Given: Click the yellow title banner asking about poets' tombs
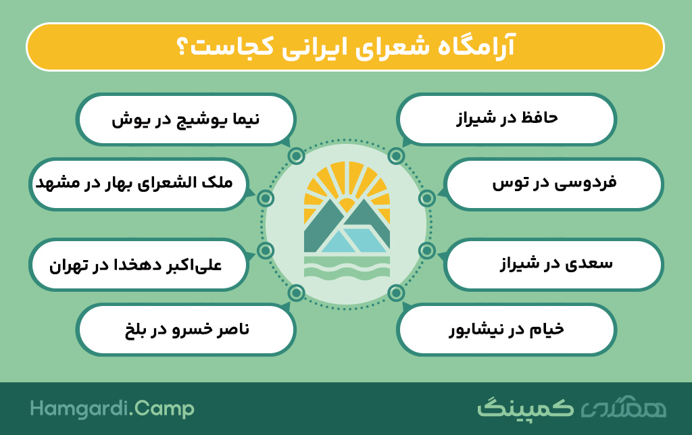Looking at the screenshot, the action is click(x=345, y=47).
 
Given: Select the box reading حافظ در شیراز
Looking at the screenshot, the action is click(x=506, y=119).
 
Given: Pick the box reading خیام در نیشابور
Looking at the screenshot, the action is click(x=506, y=329).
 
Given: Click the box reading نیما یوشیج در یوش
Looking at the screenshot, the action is click(x=186, y=119).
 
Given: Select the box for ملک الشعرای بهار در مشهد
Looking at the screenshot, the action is click(x=139, y=184).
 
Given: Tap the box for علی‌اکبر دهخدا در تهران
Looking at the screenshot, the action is click(x=139, y=265).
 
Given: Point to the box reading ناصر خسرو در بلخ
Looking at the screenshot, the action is click(x=186, y=329).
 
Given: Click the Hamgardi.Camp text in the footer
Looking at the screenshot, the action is click(x=112, y=409).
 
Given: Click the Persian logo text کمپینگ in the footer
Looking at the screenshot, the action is click(x=525, y=409).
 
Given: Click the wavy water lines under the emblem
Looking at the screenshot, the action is click(x=347, y=267).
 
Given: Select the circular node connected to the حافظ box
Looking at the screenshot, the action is click(x=396, y=156).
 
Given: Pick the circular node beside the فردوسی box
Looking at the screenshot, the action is click(x=427, y=199).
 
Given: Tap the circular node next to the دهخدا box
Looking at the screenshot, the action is click(x=266, y=251).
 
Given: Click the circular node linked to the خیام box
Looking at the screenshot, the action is click(x=396, y=292).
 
